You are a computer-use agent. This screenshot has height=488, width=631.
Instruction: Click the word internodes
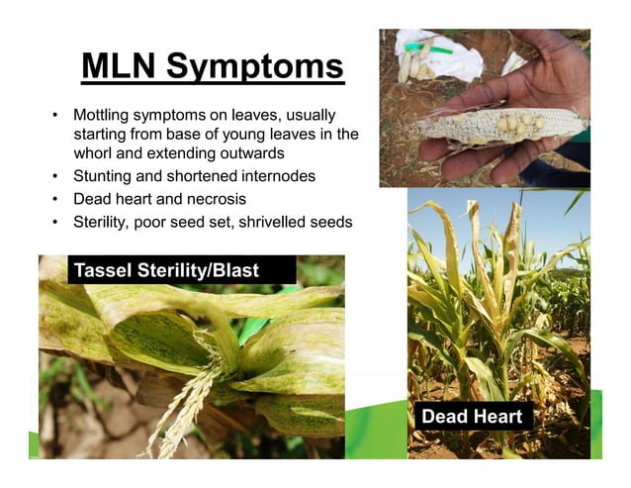click(278, 176)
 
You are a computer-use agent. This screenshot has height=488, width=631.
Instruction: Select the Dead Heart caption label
click(471, 417)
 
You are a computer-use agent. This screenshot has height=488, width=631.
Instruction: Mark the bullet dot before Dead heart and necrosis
click(56, 198)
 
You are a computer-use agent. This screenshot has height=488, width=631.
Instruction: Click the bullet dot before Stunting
click(56, 176)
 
